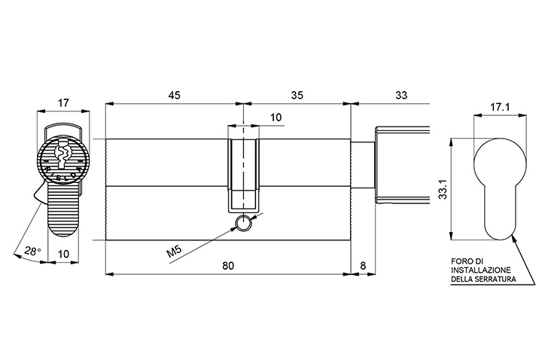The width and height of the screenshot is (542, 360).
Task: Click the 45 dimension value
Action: [174, 95]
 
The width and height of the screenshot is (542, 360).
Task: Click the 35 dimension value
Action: [297, 95]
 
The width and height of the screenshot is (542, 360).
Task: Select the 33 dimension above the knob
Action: [401, 95]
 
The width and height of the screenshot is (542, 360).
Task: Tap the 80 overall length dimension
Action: [228, 266]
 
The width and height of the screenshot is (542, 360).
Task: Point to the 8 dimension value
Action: [363, 266]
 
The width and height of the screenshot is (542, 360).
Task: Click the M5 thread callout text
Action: [174, 251]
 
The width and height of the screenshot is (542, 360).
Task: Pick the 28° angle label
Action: [33, 251]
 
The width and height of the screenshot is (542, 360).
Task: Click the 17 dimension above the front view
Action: [63, 102]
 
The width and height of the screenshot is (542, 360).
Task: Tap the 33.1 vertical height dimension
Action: [444, 189]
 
